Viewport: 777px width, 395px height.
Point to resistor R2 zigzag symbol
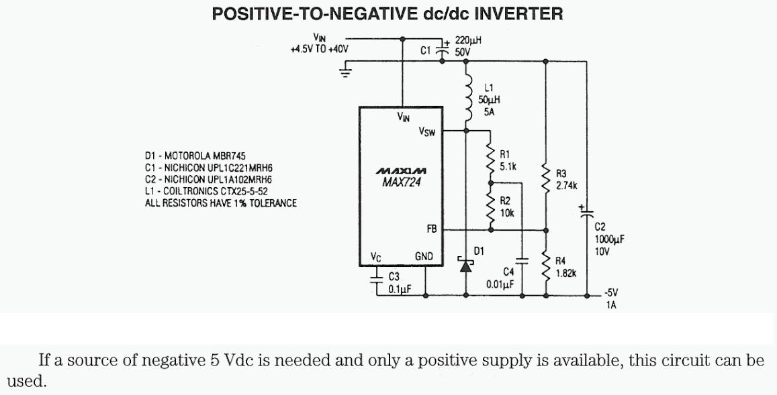pos(490,208)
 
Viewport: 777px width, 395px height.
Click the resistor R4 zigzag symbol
pos(545,266)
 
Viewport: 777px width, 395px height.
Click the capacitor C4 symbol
pos(523,262)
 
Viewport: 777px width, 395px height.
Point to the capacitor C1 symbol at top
pos(442,49)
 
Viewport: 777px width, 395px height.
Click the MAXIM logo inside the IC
pos(401,172)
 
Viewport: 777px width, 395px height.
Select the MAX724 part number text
pos(401,183)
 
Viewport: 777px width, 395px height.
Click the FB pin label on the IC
pos(431,229)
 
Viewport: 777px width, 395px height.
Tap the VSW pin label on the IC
pos(427,132)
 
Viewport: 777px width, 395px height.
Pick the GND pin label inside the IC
pos(424,257)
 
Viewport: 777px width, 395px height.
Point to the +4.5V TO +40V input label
pos(319,50)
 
